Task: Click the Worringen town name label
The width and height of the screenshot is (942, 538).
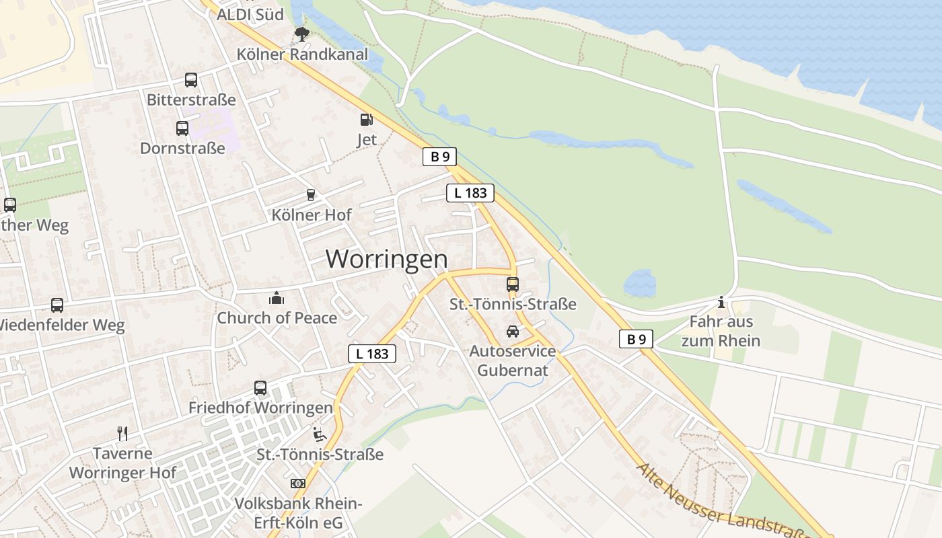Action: click(386, 259)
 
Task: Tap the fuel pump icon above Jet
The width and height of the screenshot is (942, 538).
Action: click(366, 120)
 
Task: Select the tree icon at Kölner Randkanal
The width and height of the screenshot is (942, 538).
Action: click(301, 34)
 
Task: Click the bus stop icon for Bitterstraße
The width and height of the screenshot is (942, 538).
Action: click(191, 80)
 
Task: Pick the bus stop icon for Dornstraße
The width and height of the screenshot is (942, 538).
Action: click(182, 128)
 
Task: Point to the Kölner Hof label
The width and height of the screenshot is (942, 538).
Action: click(311, 215)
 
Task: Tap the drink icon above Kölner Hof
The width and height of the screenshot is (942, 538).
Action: click(311, 195)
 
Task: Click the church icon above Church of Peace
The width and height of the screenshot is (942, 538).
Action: click(277, 297)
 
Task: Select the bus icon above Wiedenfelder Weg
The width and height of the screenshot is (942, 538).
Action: click(57, 305)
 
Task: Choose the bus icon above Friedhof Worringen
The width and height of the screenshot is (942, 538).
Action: click(260, 388)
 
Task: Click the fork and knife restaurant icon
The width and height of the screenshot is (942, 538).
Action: click(122, 433)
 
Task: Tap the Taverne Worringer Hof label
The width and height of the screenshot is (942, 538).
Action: click(122, 463)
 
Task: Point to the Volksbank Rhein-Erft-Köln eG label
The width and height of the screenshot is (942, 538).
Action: click(298, 513)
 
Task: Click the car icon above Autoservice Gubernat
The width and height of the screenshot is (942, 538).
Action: click(513, 332)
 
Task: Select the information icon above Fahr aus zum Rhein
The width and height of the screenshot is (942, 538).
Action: click(721, 302)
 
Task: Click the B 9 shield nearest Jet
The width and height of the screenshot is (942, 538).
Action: click(440, 157)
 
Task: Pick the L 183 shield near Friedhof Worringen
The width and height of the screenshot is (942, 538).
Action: click(372, 354)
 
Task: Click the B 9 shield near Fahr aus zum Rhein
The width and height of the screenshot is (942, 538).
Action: click(636, 339)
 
